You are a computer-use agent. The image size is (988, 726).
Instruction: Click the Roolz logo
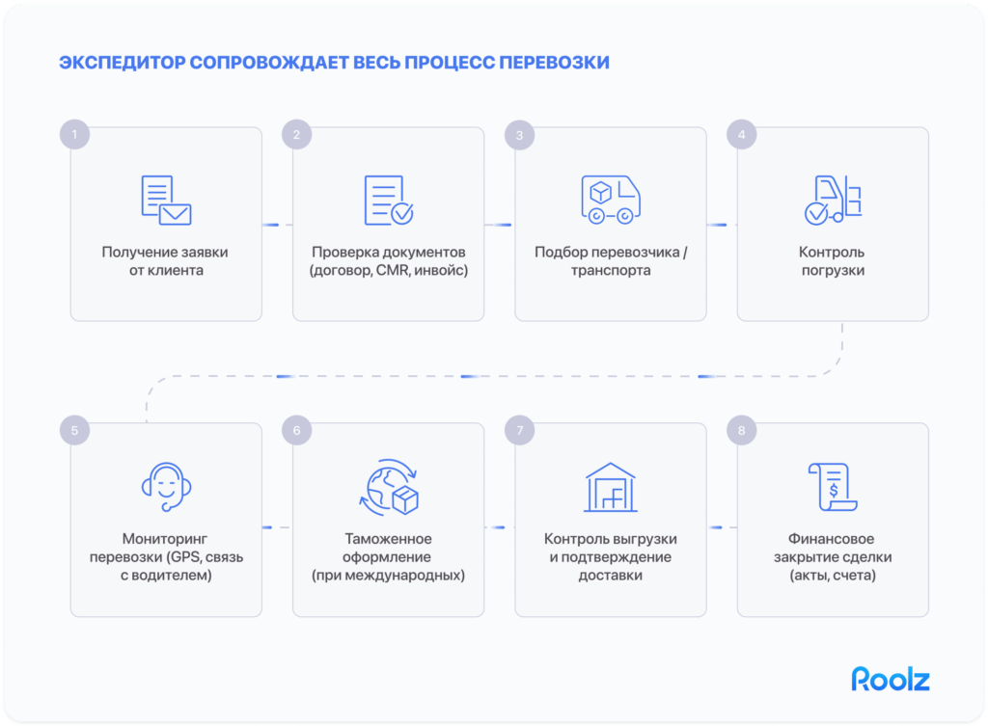(x=890, y=679)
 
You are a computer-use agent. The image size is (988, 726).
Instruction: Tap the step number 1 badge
(x=74, y=135)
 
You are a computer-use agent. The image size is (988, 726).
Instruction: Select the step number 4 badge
(x=741, y=135)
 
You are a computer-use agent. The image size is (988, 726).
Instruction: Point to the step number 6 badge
(x=297, y=431)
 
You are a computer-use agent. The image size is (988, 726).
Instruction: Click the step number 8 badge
(x=741, y=431)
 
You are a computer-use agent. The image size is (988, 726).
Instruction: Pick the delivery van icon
(x=610, y=199)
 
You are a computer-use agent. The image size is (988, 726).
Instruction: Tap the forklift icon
(x=832, y=200)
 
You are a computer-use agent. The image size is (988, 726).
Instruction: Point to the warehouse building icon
(x=610, y=488)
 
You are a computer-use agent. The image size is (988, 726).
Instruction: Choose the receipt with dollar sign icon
(x=832, y=487)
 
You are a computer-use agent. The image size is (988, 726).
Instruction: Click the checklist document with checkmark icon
(x=388, y=200)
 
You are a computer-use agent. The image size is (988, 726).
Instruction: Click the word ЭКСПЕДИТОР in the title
(x=122, y=64)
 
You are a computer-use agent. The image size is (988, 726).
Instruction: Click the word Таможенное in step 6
(x=388, y=539)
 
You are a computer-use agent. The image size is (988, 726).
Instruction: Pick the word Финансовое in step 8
(x=832, y=539)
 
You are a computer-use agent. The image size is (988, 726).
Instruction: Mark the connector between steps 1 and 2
(x=277, y=225)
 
